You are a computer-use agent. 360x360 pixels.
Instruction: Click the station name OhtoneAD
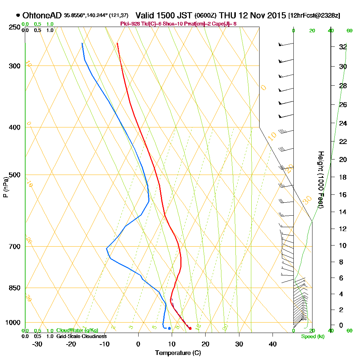coord(42,15)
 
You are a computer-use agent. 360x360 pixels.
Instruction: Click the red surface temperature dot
coord(190,328)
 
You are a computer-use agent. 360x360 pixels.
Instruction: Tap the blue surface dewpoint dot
coord(169,328)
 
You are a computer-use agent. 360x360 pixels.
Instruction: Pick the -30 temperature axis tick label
coord(37,344)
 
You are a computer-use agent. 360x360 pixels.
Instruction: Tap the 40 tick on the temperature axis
coord(273,344)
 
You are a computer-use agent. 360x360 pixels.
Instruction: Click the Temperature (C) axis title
coord(178,353)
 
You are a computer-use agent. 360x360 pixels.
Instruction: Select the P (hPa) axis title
coord(5,187)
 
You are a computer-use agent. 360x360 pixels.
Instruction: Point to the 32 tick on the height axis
coord(343,47)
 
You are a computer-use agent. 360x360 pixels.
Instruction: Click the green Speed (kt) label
coord(312,337)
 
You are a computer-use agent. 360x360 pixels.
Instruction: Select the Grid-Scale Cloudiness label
coord(81,336)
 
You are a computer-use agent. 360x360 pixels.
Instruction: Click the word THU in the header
coord(228,15)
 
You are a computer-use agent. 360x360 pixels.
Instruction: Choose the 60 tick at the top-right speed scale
coord(349,31)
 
